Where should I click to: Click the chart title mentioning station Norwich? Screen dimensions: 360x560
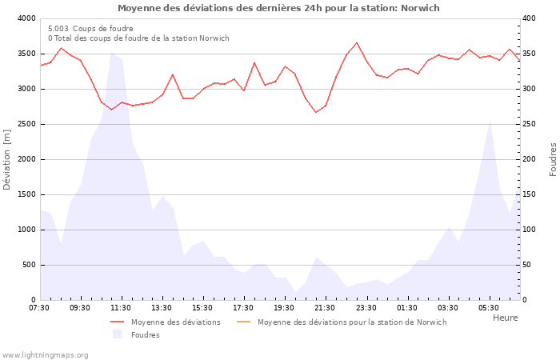tap(278, 8)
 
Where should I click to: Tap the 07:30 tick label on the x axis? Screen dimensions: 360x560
tap(39, 308)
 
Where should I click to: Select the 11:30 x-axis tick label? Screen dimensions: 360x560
tap(121, 308)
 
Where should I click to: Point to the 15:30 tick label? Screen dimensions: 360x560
tap(202, 308)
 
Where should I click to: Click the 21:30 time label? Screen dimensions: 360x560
tap(325, 308)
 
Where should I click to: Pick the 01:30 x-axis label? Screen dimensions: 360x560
tap(406, 308)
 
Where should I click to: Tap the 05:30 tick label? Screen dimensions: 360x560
tap(488, 308)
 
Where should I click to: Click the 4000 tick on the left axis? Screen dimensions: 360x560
tap(26, 18)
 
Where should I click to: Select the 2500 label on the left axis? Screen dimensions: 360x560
tap(26, 124)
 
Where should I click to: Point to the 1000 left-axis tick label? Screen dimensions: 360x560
tap(26, 230)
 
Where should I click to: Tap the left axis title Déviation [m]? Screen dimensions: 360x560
tap(8, 159)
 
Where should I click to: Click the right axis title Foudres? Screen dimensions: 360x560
tap(553, 159)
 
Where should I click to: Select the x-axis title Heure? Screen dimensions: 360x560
tap(505, 318)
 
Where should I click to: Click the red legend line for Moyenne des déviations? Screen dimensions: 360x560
tap(118, 322)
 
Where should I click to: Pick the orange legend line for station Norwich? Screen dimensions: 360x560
tap(244, 322)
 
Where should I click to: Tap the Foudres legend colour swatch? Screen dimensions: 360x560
tap(118, 334)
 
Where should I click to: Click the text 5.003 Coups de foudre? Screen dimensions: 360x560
tap(90, 28)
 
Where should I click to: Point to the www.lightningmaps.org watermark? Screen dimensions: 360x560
tap(46, 354)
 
